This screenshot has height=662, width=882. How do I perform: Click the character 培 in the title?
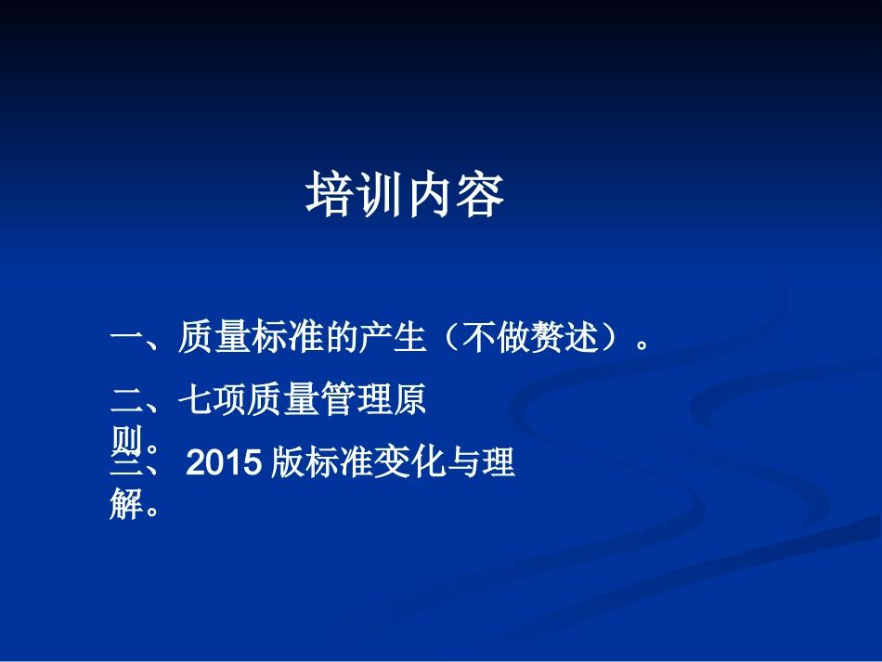pos(331,196)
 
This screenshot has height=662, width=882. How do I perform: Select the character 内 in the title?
pos(431,196)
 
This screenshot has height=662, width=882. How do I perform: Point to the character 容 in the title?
pos(481,196)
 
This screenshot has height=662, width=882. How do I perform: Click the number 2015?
pos(227,462)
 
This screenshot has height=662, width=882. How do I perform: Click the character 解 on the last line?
pos(125,505)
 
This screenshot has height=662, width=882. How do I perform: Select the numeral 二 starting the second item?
pos(125,400)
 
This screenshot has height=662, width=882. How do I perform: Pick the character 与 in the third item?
pos(461,461)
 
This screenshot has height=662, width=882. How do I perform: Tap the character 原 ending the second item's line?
pos(409,400)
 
